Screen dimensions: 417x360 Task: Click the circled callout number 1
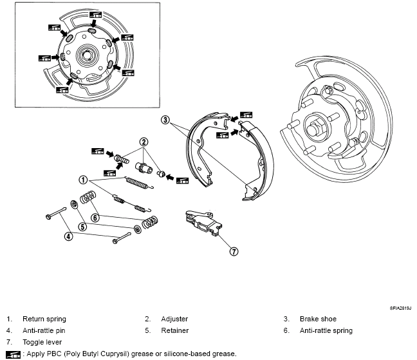(83, 180)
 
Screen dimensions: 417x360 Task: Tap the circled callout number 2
(144, 142)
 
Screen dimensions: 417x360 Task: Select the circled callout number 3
(165, 120)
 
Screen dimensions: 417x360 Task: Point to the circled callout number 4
(69, 236)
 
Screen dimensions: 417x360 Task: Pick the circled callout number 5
(83, 227)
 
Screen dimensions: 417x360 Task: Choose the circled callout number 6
(95, 218)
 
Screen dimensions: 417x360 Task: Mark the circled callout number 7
(234, 251)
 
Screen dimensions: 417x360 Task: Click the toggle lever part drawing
(203, 223)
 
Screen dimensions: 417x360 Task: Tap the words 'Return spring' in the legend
(44, 319)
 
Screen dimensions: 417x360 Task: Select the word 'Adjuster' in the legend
(174, 319)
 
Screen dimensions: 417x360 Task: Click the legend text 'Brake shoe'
(318, 319)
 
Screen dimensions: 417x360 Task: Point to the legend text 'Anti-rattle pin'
(44, 330)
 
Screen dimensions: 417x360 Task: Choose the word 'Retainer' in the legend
(175, 330)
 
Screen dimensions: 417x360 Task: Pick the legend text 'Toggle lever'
(42, 342)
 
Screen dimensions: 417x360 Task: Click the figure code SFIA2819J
(400, 308)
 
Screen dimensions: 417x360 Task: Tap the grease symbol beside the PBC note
(14, 354)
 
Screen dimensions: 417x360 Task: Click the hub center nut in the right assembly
(314, 129)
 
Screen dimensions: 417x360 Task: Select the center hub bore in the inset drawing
(86, 55)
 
